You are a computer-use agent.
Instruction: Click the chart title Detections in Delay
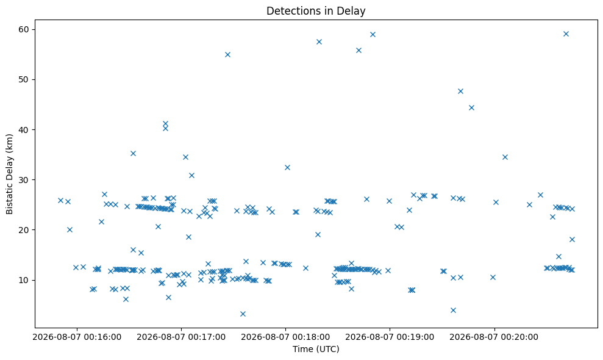click(x=316, y=11)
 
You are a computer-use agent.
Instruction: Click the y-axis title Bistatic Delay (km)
click(x=9, y=174)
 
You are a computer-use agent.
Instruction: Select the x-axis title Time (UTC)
click(x=316, y=349)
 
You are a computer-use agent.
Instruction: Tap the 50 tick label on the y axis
click(x=24, y=80)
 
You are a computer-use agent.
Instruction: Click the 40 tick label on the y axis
click(x=24, y=130)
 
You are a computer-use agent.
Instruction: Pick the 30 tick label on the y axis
click(x=24, y=180)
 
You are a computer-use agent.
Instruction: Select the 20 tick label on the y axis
click(x=24, y=230)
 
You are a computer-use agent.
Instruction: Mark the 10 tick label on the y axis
click(x=24, y=280)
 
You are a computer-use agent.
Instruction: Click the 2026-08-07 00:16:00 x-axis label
click(x=77, y=337)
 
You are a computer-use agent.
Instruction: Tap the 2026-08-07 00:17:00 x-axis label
click(x=181, y=337)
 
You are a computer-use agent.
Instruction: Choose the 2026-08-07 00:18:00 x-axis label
click(x=285, y=337)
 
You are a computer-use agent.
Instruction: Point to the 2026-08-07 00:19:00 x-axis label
click(x=390, y=337)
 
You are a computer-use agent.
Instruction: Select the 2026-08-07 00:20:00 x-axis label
click(x=494, y=337)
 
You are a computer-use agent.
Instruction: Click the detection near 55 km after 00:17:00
click(x=227, y=55)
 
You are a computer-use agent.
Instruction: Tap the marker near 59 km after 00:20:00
click(x=566, y=34)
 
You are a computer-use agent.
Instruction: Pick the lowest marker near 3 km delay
click(x=243, y=314)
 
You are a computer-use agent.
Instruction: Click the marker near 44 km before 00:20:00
click(x=471, y=108)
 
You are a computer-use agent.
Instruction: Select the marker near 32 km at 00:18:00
click(x=287, y=167)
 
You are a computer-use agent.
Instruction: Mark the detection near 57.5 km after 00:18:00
click(x=319, y=42)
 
